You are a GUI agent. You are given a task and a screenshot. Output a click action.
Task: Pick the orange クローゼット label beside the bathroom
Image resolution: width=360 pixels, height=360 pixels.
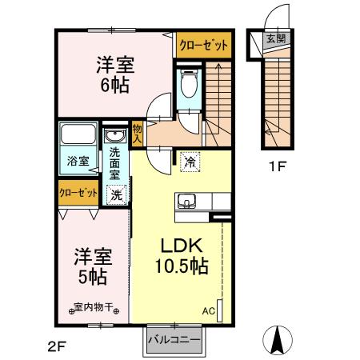(x=78, y=193)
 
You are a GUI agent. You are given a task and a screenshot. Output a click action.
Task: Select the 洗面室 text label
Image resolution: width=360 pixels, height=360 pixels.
(x=115, y=163)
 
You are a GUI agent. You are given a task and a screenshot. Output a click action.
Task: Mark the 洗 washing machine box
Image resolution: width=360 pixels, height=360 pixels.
(x=116, y=193)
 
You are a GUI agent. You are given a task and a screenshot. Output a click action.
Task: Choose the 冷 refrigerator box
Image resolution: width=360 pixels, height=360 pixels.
(x=190, y=162)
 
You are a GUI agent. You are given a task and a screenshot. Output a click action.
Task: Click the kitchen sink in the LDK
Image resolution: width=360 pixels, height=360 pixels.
(x=186, y=201)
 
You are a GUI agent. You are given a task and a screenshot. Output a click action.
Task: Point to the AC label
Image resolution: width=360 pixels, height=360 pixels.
(x=209, y=310)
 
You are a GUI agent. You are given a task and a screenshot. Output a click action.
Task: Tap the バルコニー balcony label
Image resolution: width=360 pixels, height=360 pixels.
(x=173, y=340)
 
